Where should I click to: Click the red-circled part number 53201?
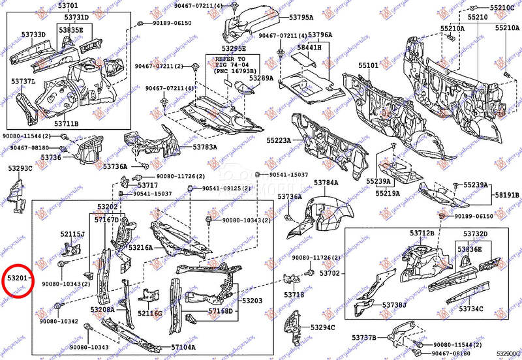coord(18,278)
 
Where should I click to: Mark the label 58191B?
coord(506,196)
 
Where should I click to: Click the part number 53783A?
coord(204,147)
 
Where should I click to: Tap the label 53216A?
coord(140,248)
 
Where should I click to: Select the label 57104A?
coord(183,348)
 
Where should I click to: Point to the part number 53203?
coord(252,301)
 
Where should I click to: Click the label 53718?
coord(293,295)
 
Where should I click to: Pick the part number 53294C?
coord(322,328)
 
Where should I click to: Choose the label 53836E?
coord(468,249)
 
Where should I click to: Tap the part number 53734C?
coord(470,308)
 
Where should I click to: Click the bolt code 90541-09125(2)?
coord(225,188)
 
